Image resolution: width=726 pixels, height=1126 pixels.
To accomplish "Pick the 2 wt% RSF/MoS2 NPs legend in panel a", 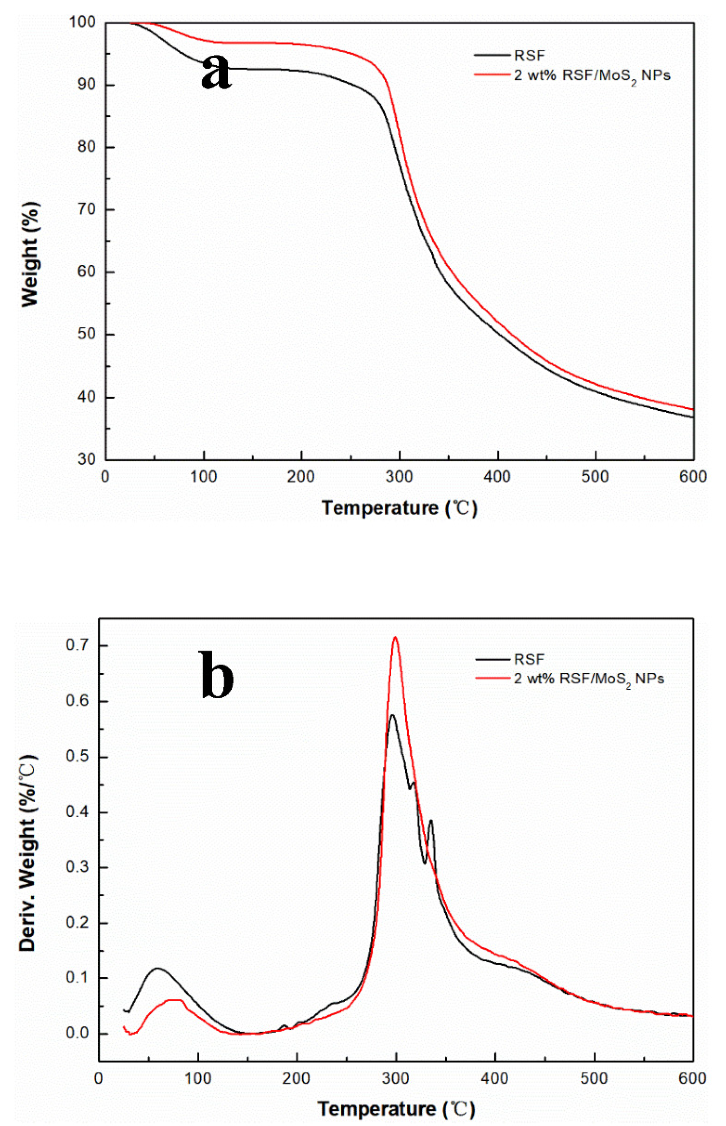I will pos(592,75).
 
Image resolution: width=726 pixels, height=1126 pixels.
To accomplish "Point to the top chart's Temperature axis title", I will pos(399,508).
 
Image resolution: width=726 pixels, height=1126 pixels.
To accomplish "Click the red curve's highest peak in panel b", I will pos(395,637).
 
